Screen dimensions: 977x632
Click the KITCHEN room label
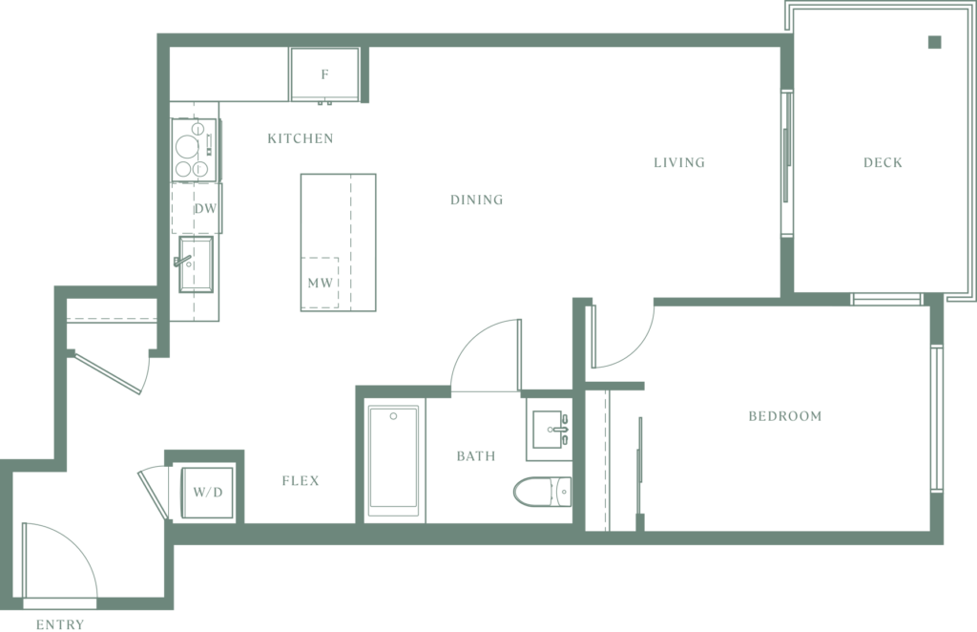pyautogui.click(x=301, y=138)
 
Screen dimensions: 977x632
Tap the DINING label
pyautogui.click(x=477, y=200)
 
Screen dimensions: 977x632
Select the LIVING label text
pyautogui.click(x=679, y=162)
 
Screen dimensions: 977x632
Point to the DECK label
pyautogui.click(x=883, y=162)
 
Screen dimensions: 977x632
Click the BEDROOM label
pyautogui.click(x=785, y=415)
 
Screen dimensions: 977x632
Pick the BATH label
pyautogui.click(x=476, y=456)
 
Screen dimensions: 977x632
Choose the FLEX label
pyautogui.click(x=301, y=480)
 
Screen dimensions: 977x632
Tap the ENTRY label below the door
pyautogui.click(x=60, y=624)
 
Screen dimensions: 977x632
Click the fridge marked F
pyautogui.click(x=324, y=74)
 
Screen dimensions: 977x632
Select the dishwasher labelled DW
pyautogui.click(x=197, y=208)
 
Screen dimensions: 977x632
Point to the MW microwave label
pyautogui.click(x=321, y=283)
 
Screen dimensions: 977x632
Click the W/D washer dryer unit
pyautogui.click(x=207, y=492)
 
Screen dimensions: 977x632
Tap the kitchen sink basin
pyautogui.click(x=196, y=264)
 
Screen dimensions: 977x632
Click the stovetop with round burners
pyautogui.click(x=195, y=150)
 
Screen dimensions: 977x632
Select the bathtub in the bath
pyautogui.click(x=393, y=460)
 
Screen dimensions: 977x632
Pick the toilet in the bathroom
pyautogui.click(x=542, y=491)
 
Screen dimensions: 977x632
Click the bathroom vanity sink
pyautogui.click(x=549, y=430)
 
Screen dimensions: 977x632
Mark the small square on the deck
pyautogui.click(x=935, y=42)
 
